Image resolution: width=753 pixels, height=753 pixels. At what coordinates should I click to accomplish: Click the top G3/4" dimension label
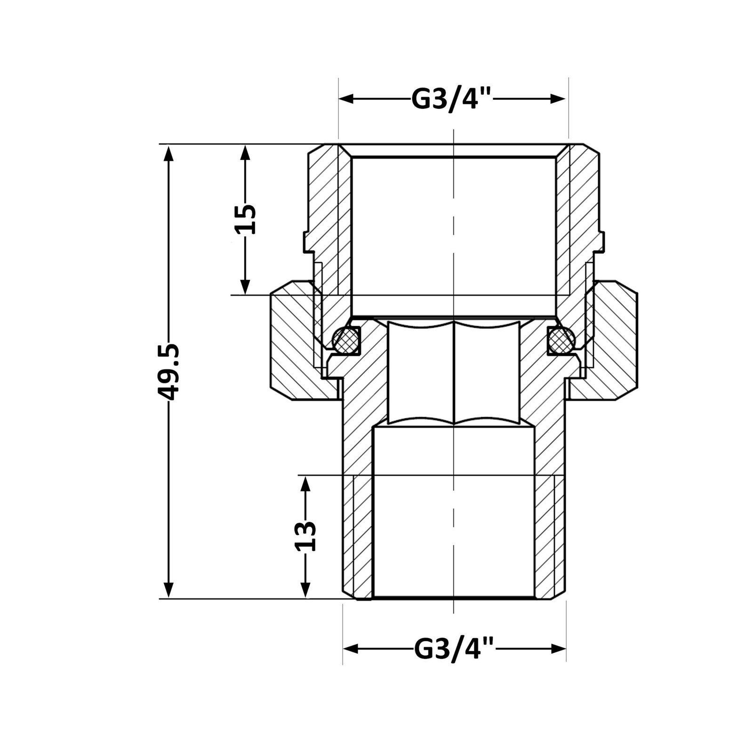tap(452, 99)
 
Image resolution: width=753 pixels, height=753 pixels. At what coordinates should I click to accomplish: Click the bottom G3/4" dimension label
tap(455, 649)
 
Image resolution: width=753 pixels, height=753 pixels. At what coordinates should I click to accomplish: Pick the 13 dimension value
tap(305, 536)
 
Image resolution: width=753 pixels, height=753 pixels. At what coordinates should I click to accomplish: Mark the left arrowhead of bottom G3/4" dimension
tap(351, 649)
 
